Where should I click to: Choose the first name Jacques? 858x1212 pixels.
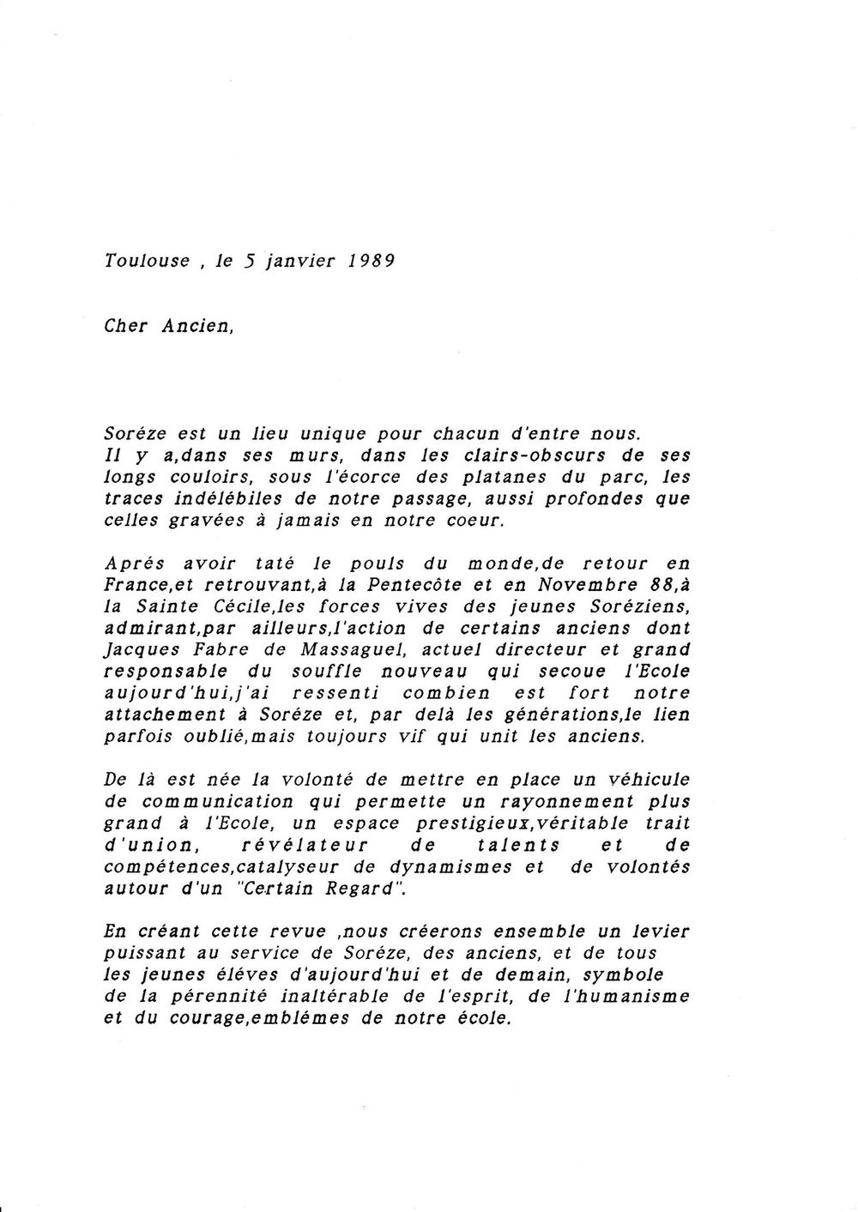coord(138,650)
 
